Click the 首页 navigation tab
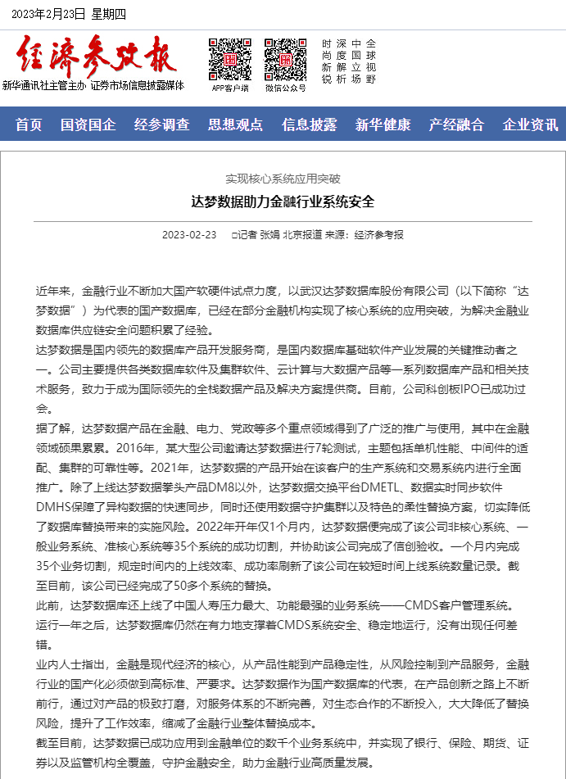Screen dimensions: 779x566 [29, 125]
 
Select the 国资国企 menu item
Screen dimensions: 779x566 [88, 125]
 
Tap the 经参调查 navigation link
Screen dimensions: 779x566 [161, 125]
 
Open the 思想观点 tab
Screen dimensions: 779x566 [235, 125]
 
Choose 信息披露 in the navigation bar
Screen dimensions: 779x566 [309, 125]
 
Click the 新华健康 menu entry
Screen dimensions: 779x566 [383, 125]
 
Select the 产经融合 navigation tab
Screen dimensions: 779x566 [456, 125]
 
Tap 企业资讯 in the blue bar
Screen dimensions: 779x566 [530, 125]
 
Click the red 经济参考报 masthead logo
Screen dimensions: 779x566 [96, 55]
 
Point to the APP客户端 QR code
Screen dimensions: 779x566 [229, 59]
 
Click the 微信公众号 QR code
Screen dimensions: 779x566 [285, 59]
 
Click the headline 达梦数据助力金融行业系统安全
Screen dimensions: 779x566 [283, 202]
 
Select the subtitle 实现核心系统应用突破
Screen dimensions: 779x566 [283, 178]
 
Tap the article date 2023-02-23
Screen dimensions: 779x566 [189, 235]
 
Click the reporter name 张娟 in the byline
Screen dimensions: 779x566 [269, 235]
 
